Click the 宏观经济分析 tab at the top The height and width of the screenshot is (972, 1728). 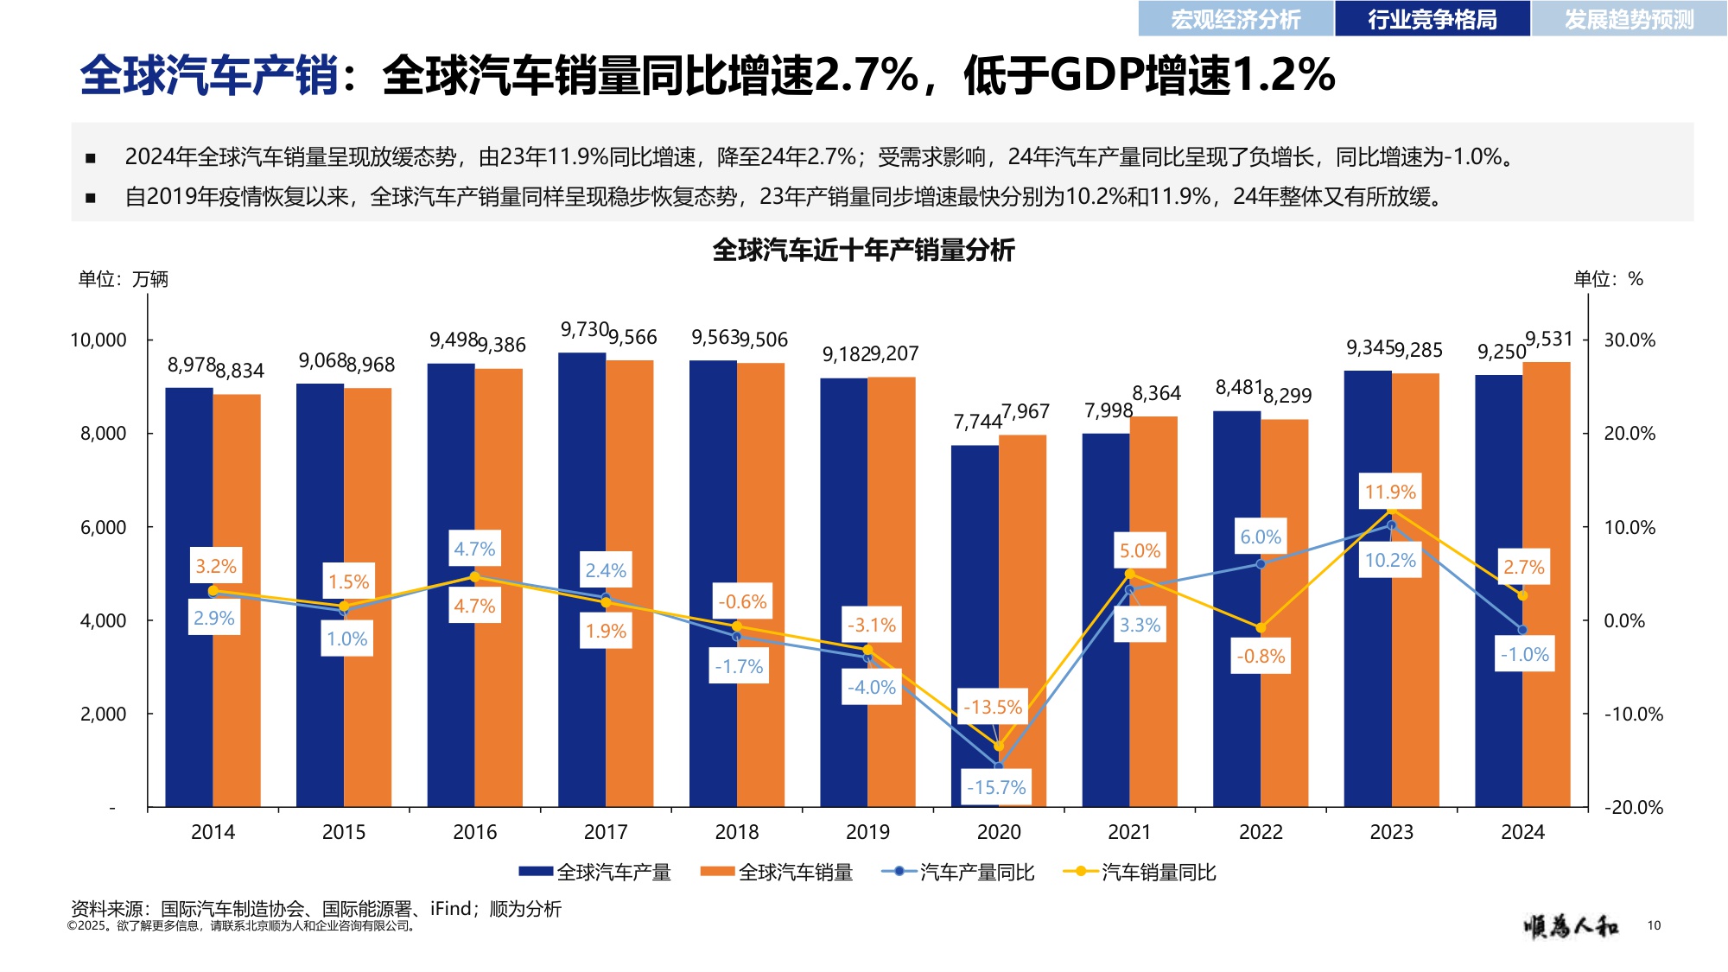click(x=1236, y=19)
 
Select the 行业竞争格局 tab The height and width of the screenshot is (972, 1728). click(x=1432, y=19)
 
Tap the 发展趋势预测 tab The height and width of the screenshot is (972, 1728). click(x=1629, y=19)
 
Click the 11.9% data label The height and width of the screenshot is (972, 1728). click(x=1390, y=492)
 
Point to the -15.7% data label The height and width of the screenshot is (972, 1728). click(x=996, y=787)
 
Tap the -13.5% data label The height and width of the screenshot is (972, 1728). click(x=993, y=707)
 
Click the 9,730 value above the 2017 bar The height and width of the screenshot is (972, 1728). click(x=584, y=329)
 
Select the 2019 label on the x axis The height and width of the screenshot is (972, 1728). click(x=867, y=832)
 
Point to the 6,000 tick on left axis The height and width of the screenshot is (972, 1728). click(x=104, y=527)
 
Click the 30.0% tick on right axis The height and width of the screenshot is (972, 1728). click(x=1630, y=340)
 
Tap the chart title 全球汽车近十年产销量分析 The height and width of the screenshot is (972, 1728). click(x=863, y=251)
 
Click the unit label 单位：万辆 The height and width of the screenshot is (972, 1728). click(x=124, y=279)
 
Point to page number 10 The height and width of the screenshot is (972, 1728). click(x=1654, y=925)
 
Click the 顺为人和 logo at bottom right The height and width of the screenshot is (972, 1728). click(x=1571, y=926)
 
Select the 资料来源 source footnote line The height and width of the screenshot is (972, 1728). click(x=315, y=909)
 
